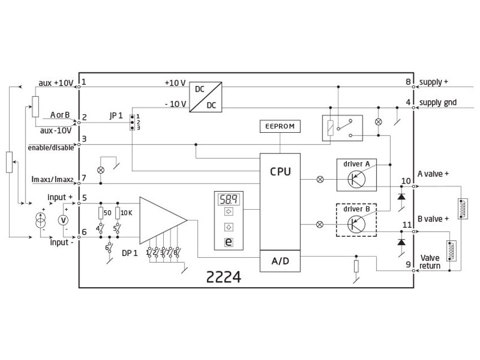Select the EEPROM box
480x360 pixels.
click(280, 126)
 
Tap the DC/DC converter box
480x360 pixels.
click(205, 96)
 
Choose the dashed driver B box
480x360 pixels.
click(356, 218)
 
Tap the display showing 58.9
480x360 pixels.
click(229, 199)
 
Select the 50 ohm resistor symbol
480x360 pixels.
click(100, 213)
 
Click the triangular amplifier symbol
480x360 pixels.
click(161, 219)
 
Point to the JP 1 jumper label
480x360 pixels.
click(116, 115)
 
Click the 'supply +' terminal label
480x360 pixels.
click(434, 83)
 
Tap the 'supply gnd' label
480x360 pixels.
click(438, 103)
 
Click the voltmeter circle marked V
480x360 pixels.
click(64, 219)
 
